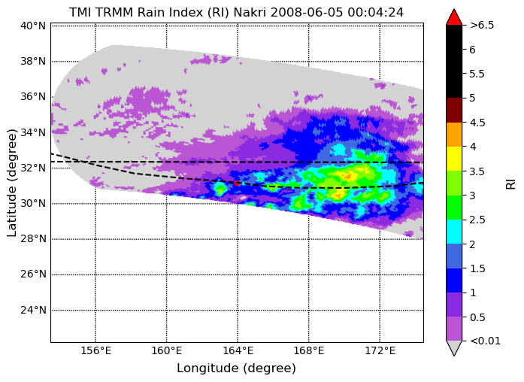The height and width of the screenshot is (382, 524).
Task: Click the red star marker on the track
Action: [x=237, y=183]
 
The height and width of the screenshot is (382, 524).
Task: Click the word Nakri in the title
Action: [x=250, y=12]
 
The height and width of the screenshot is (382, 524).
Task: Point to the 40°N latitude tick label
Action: [x=33, y=26]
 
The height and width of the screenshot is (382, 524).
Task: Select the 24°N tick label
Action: [x=33, y=310]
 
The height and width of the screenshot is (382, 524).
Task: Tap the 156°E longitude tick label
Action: [x=95, y=350]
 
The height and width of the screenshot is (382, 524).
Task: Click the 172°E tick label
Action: [x=380, y=350]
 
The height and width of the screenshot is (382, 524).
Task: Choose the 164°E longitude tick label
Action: [x=238, y=350]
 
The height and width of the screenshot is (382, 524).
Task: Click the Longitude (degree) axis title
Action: [x=237, y=368]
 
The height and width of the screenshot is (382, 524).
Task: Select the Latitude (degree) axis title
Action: [x=12, y=183]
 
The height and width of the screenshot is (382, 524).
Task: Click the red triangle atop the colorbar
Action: [x=454, y=18]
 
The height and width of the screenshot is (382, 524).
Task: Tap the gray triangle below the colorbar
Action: [x=454, y=347]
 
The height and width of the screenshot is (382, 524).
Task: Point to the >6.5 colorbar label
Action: [x=482, y=25]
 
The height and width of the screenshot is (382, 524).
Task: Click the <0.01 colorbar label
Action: [x=485, y=341]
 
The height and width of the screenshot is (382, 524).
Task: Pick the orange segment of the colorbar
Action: [x=454, y=135]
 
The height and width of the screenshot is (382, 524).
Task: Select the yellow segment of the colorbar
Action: [x=454, y=159]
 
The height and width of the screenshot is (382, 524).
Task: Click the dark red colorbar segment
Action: [x=454, y=110]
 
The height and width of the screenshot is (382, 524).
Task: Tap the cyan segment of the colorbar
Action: [x=454, y=232]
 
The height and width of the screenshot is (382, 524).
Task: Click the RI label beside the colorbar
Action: [x=511, y=183]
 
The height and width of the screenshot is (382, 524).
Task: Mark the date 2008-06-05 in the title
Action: [x=307, y=12]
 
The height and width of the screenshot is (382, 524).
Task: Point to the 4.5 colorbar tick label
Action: [x=477, y=123]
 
